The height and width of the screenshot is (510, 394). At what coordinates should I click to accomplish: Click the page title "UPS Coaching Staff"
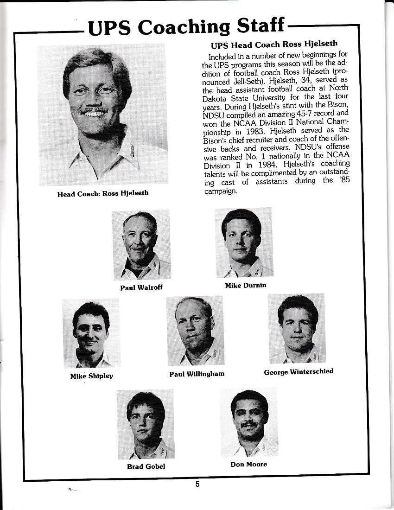click(x=186, y=27)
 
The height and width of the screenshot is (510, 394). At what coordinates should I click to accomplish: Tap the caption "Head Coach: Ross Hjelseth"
click(x=102, y=193)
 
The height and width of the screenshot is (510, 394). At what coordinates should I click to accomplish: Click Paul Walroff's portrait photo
click(x=141, y=244)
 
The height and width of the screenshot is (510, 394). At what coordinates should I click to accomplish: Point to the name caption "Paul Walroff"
click(x=141, y=287)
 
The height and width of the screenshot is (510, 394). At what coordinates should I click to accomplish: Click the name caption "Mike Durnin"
click(x=246, y=285)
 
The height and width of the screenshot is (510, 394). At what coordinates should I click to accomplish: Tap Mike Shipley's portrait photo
click(x=91, y=333)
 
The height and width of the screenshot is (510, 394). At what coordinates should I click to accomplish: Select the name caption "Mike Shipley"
click(x=91, y=376)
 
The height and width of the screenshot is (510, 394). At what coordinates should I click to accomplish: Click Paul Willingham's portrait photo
click(x=195, y=331)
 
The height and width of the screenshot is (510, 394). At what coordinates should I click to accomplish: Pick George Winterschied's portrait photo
click(x=297, y=328)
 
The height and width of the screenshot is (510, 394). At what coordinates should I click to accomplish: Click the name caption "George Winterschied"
click(x=299, y=371)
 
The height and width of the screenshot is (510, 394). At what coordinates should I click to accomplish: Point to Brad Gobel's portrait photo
click(x=145, y=424)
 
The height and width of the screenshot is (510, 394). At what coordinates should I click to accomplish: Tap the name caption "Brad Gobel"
click(x=146, y=466)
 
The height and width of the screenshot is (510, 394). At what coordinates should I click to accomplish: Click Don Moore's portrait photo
click(x=249, y=422)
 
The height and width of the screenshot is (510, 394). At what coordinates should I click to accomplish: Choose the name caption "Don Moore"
click(x=248, y=464)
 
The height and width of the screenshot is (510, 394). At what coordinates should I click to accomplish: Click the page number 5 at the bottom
click(x=197, y=484)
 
